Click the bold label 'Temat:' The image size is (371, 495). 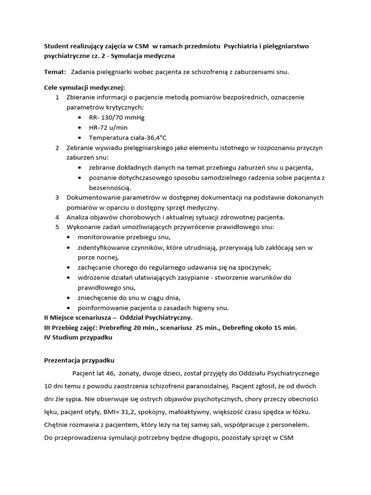coord(55,72)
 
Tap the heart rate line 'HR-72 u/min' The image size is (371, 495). coord(109,128)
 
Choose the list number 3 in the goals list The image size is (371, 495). coord(57,197)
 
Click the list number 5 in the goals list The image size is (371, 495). coord(57,227)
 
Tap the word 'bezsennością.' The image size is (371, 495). coord(110,187)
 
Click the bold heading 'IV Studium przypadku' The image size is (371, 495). coord(78,337)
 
